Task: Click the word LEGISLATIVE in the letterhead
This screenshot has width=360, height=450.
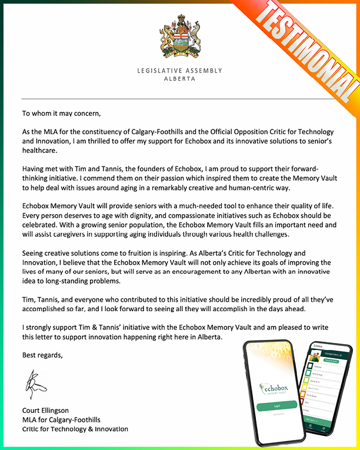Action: (x=159, y=71)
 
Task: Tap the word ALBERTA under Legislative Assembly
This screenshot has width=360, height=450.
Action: (x=179, y=78)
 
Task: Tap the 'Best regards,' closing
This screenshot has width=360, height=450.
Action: (x=42, y=355)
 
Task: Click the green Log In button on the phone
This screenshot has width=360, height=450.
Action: (x=277, y=406)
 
